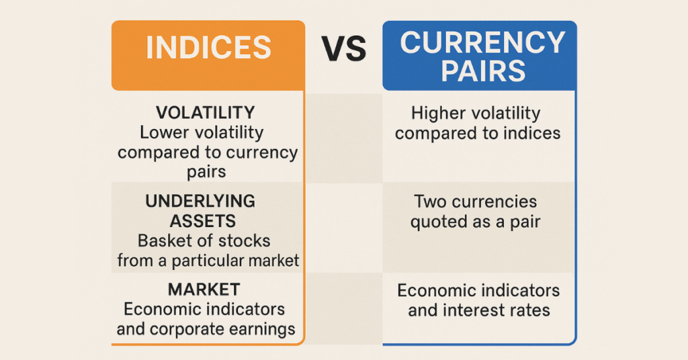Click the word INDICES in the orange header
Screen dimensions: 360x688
point(208,48)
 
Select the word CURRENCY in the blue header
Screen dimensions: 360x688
point(482,43)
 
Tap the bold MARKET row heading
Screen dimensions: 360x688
point(204,289)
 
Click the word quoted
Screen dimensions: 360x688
point(437,221)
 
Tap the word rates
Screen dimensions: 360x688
point(531,310)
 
